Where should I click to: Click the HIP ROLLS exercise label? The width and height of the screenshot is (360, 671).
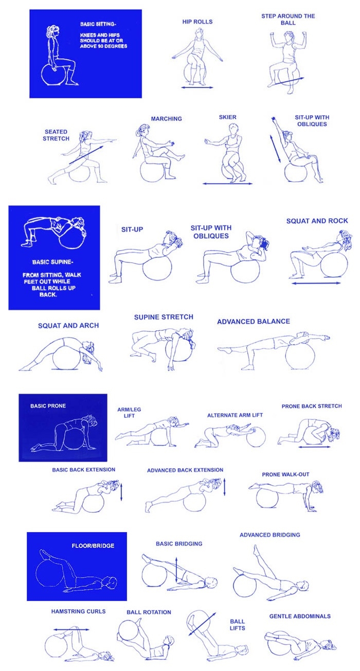(x=197, y=22)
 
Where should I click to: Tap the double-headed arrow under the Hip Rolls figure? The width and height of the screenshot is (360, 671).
(x=197, y=87)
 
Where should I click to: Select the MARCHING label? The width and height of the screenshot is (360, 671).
(x=166, y=119)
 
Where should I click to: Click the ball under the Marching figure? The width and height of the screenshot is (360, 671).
(x=152, y=171)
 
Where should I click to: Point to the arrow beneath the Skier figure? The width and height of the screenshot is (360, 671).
(x=228, y=183)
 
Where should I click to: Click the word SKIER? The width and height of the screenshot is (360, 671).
(x=228, y=117)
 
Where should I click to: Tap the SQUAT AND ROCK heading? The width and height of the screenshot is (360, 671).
(x=317, y=221)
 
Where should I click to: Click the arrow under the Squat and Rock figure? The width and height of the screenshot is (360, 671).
(x=316, y=283)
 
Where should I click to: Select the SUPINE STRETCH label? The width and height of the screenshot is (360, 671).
(x=164, y=317)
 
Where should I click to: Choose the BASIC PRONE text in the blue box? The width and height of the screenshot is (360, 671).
(x=48, y=406)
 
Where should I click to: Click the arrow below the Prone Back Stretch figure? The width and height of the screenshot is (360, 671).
(x=314, y=447)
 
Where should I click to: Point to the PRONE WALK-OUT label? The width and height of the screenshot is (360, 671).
(x=285, y=474)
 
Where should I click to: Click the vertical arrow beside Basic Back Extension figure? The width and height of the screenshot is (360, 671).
(x=121, y=491)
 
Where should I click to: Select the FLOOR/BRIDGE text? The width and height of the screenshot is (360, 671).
(x=93, y=546)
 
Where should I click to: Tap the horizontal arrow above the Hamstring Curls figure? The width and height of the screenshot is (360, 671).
(x=71, y=629)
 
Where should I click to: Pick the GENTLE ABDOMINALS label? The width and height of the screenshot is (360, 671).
(x=300, y=616)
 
